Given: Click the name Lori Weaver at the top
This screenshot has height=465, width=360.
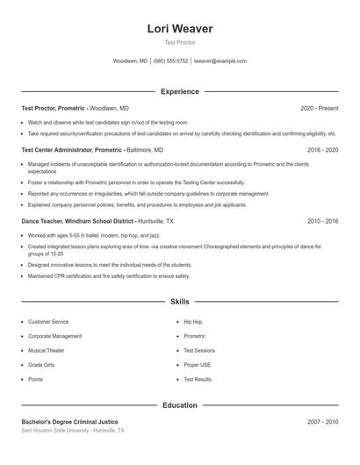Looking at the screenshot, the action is click(x=180, y=28).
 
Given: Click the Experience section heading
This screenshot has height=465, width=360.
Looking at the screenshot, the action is click(x=180, y=91).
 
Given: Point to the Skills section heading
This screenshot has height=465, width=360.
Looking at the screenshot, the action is click(x=180, y=301).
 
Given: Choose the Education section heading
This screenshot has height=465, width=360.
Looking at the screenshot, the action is click(x=180, y=405).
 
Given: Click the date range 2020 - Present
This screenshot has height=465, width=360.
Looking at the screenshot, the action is click(x=319, y=108).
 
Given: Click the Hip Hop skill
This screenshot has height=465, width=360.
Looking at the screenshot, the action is click(x=192, y=322).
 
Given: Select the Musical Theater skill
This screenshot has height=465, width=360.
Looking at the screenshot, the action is click(x=47, y=351).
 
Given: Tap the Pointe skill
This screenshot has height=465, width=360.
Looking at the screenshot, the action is click(x=36, y=379).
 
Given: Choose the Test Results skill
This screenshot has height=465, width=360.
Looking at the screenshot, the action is click(x=198, y=379).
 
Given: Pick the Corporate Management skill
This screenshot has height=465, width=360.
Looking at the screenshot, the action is click(x=54, y=336).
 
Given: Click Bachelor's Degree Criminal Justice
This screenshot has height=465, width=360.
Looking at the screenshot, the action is click(x=69, y=422).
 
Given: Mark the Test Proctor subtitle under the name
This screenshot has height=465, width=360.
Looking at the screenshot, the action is click(x=180, y=42).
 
